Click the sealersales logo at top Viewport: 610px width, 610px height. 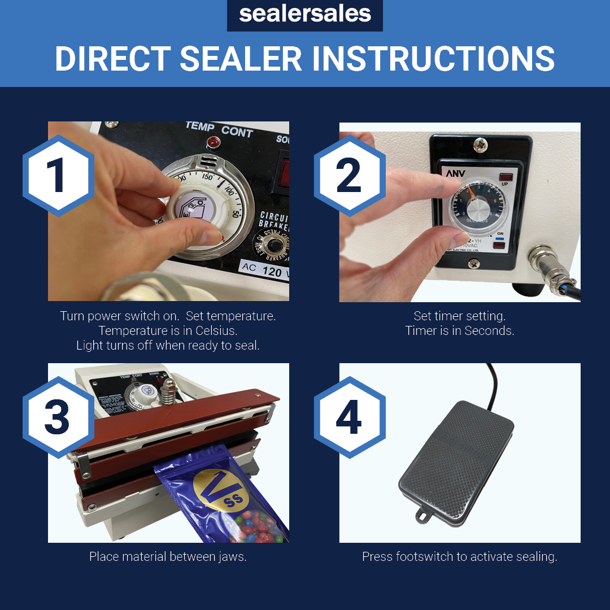(304, 15)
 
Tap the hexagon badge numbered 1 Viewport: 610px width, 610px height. (58, 176)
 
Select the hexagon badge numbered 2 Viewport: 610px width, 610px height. (349, 176)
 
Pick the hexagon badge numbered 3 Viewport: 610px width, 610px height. (58, 417)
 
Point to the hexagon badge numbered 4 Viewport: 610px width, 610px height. (349, 417)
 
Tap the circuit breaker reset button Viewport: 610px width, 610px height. (275, 246)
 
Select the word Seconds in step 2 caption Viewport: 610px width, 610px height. (489, 331)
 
